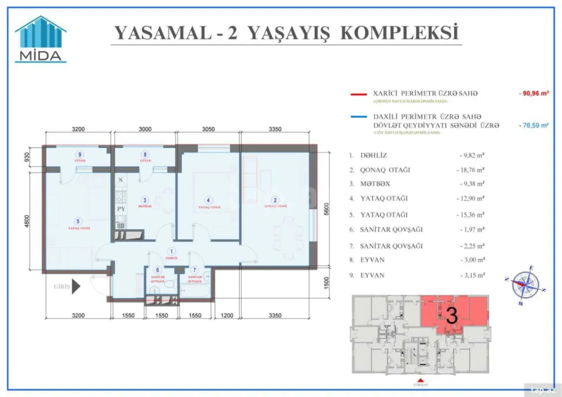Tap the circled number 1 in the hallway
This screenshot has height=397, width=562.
click(x=172, y=252)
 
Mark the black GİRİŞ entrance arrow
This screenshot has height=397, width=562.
click(x=76, y=286)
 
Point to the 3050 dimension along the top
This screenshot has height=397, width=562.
click(x=209, y=129)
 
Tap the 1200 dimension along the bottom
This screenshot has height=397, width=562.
click(x=226, y=315)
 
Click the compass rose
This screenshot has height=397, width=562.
click(x=526, y=284)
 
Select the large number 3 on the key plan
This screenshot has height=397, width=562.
click(x=452, y=316)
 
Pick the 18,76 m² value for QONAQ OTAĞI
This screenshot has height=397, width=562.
click(x=471, y=170)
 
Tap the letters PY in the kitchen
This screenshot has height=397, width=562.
click(x=121, y=209)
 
